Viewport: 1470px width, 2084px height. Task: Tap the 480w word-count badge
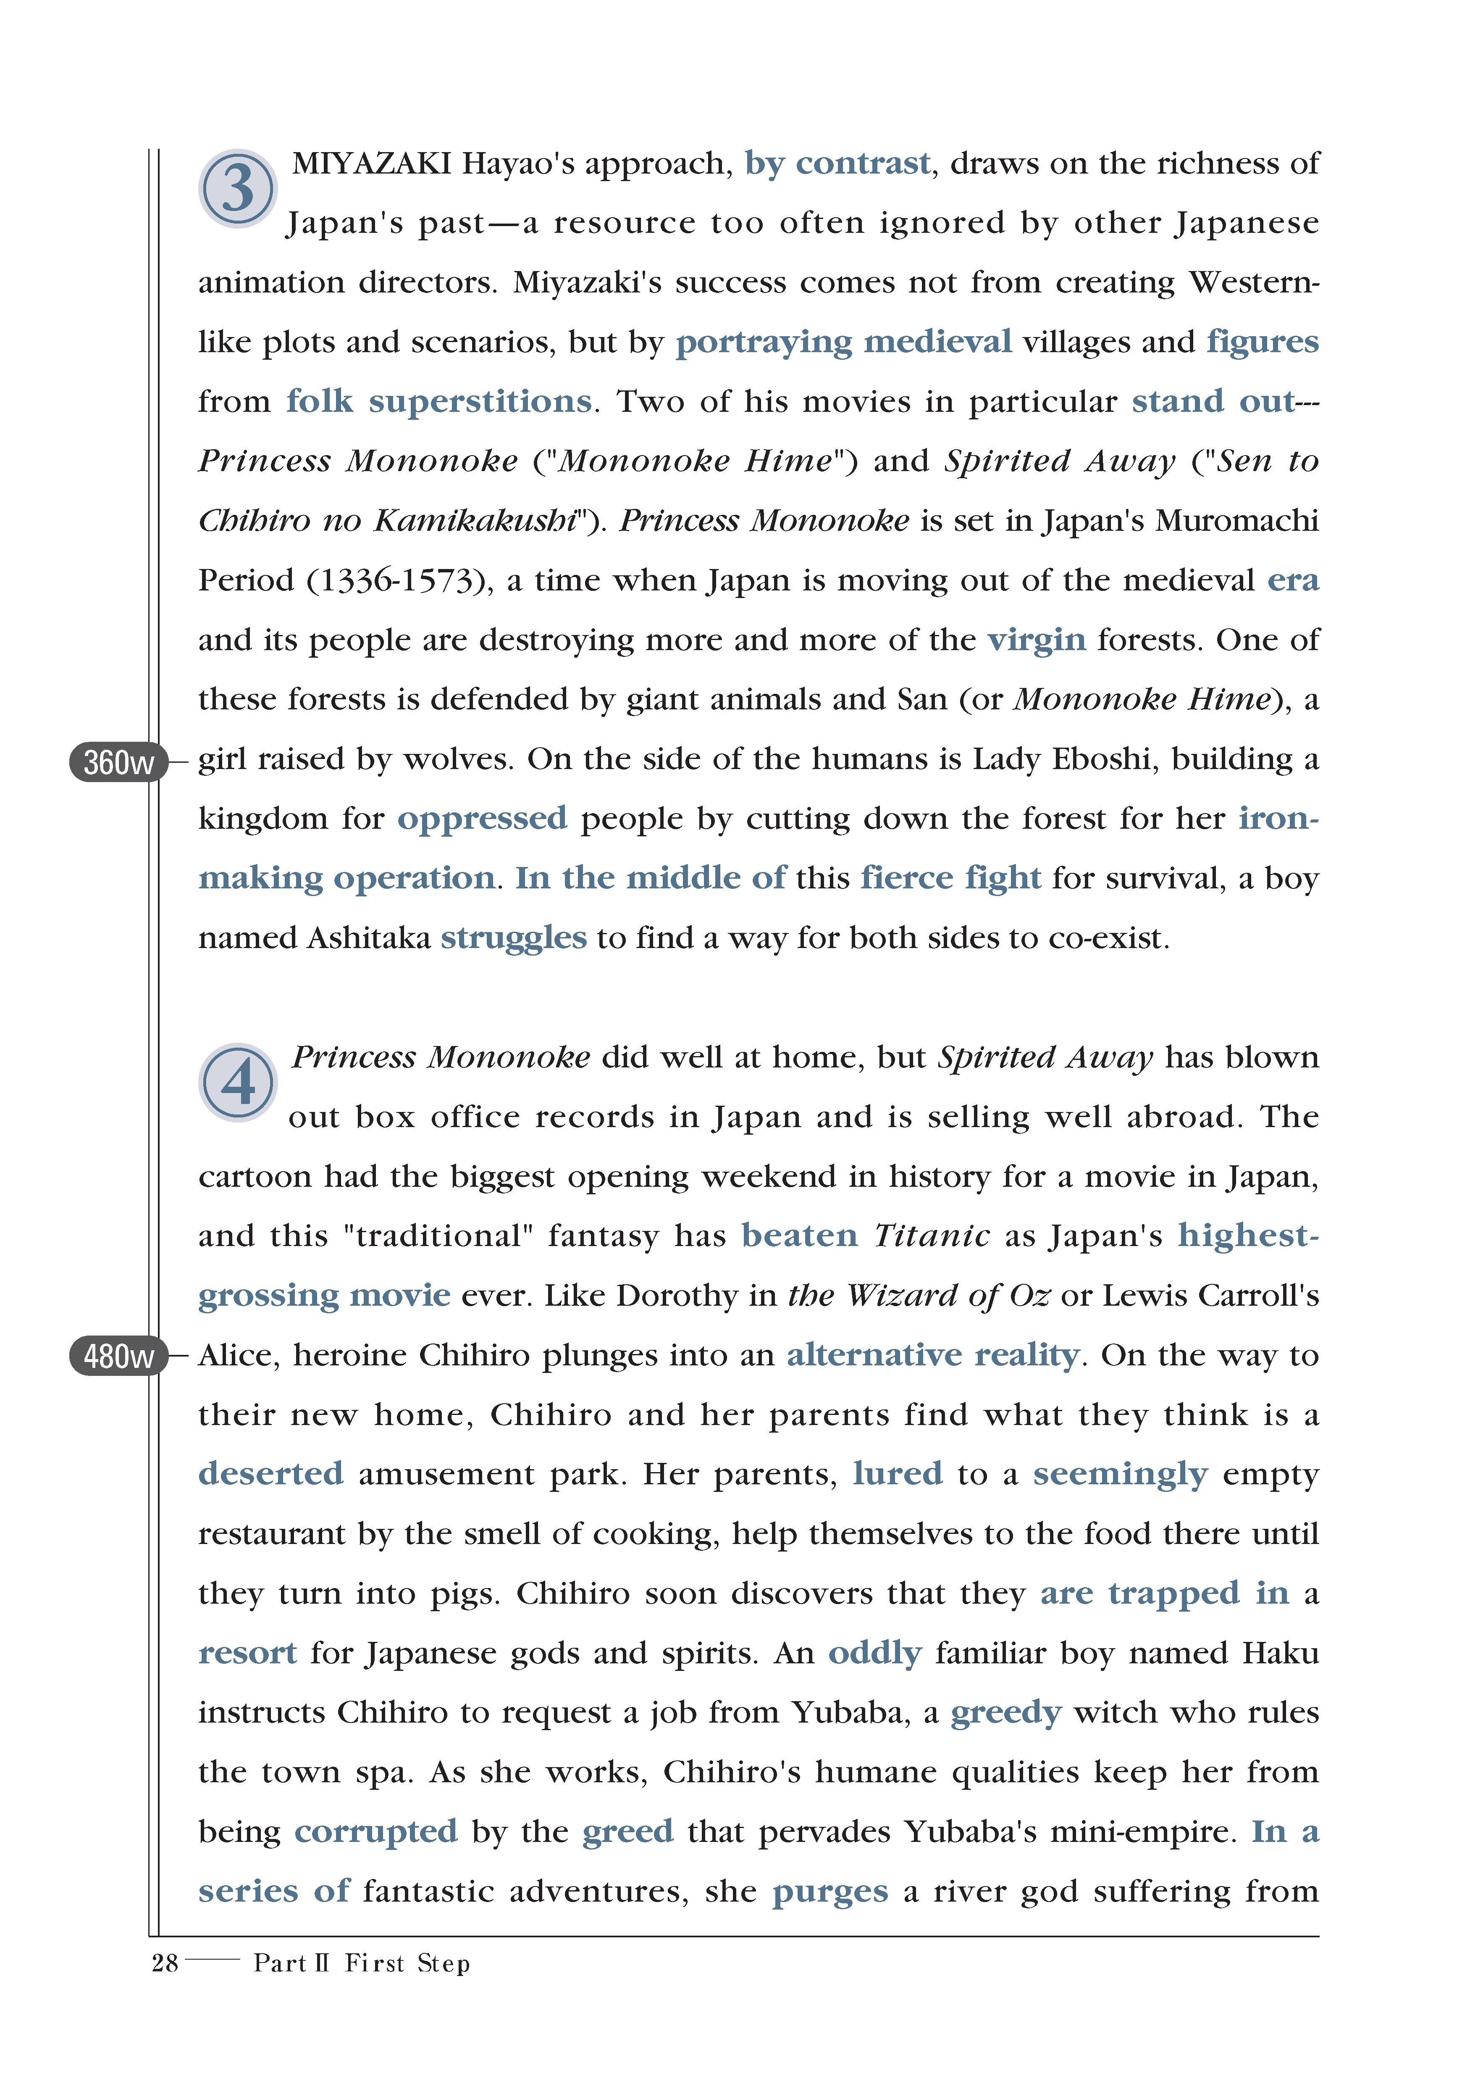118,1356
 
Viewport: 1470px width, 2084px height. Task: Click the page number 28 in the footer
164,1963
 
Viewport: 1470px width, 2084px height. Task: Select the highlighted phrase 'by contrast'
837,163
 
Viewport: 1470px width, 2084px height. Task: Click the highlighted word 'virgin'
1036,640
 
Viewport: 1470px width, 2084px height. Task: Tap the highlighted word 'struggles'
514,938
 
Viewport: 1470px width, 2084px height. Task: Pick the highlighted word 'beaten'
798,1236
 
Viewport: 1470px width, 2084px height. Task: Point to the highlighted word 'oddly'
875,1653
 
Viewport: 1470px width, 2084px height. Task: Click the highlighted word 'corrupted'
375,1832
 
